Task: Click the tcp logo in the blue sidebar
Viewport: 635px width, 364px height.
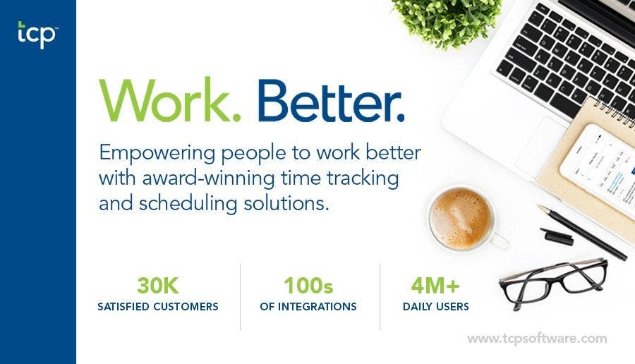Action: click(37, 35)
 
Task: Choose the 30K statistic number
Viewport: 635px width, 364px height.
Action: click(157, 286)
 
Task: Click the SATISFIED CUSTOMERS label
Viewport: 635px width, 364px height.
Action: click(157, 307)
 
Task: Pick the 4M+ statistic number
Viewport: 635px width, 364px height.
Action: click(435, 286)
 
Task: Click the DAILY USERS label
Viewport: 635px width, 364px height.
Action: click(435, 307)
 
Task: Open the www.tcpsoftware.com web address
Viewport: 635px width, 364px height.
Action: click(536, 339)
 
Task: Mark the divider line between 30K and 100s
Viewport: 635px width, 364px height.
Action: click(241, 296)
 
